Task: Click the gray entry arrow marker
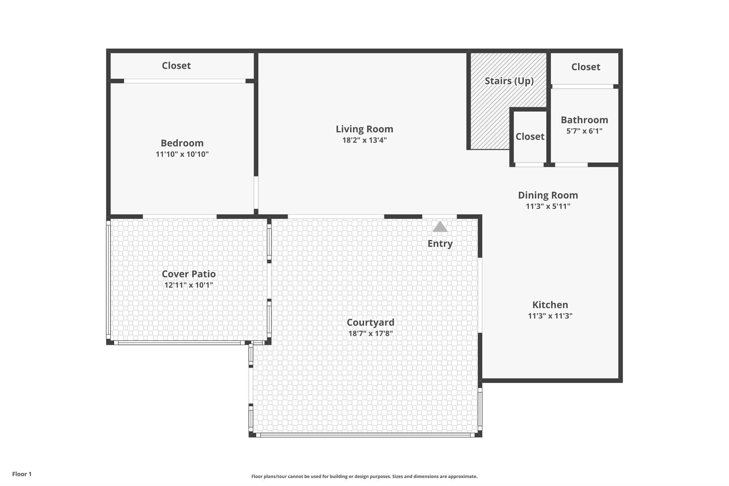[440, 227]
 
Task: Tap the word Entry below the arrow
[440, 244]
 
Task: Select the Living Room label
[364, 129]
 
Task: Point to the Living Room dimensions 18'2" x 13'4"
[364, 140]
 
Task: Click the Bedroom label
[182, 143]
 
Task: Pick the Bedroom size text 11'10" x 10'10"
[182, 155]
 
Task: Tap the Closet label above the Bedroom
[176, 66]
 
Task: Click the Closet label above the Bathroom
[586, 67]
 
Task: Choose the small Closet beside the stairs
[530, 137]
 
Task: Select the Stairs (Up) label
[509, 81]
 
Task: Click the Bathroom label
[584, 120]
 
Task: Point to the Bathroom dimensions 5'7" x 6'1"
[584, 131]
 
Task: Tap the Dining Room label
[548, 195]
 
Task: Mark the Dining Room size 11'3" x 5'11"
[548, 207]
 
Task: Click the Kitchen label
[550, 305]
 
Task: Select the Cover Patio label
[189, 274]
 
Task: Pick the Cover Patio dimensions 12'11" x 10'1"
[189, 285]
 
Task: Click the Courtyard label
[371, 323]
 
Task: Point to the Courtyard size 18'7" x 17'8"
[371, 334]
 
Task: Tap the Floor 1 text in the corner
[22, 474]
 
